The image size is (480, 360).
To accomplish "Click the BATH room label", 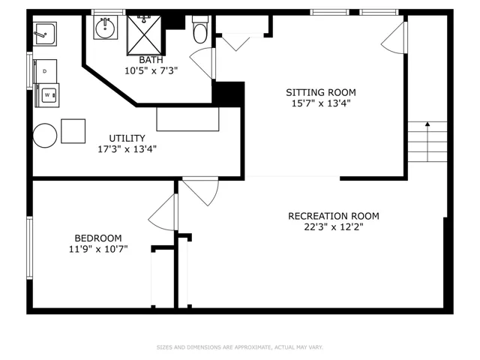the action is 151,60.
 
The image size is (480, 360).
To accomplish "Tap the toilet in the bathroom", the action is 200,30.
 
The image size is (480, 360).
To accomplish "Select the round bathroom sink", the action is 105,28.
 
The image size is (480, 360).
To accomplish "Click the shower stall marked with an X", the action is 144,35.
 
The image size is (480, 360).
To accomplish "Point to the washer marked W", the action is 47,95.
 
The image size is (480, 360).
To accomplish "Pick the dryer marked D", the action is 45,71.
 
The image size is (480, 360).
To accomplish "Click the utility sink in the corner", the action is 45,34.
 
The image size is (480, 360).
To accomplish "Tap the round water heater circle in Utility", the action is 45,136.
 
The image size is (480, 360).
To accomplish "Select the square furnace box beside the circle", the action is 73,131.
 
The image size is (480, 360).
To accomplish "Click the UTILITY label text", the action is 127,138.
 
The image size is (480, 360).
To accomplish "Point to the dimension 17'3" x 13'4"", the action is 127,149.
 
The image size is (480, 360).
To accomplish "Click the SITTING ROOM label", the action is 321,92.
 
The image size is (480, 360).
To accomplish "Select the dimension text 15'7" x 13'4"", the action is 321,103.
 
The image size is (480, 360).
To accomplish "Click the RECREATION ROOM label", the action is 334,216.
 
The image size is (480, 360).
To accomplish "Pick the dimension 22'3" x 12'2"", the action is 334,227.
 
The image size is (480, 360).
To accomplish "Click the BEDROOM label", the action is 98,238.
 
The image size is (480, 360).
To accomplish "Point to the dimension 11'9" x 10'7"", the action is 98,249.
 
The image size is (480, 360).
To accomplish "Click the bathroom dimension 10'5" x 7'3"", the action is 151,71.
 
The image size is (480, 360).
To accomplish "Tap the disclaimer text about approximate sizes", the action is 240,347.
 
